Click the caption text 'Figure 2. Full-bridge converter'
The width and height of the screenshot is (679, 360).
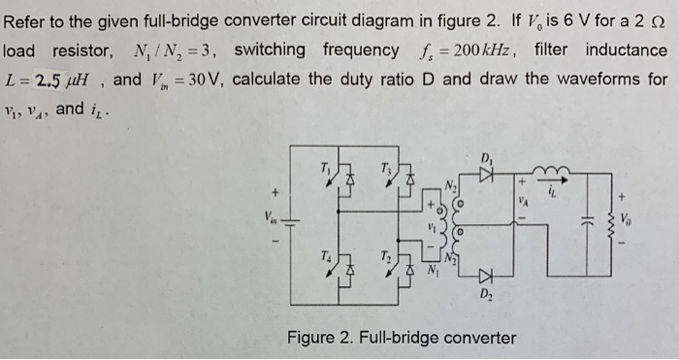401,338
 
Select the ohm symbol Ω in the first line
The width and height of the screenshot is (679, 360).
659,20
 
